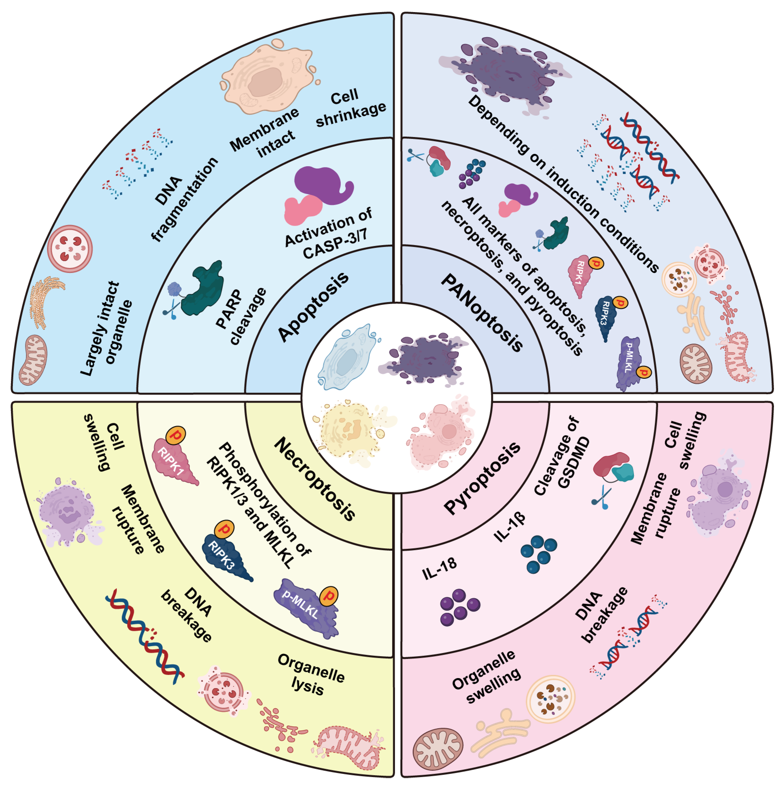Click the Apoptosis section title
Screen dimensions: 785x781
tap(313, 306)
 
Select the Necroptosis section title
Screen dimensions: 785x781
tap(315, 479)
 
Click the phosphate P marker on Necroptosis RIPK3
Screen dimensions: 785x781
tap(224, 529)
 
